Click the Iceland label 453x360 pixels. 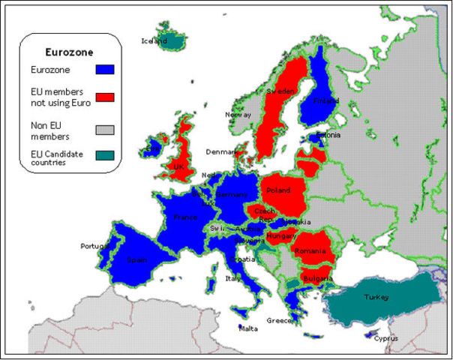coord(154,41)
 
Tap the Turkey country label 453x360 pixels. coord(376,298)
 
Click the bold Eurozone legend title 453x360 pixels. coord(68,52)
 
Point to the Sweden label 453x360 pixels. coord(280,91)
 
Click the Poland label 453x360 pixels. coord(279,190)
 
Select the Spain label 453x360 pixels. coord(136,260)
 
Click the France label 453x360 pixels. coord(185,217)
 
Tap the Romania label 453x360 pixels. coord(308,250)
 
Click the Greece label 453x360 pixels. coord(279,321)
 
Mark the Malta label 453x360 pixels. coord(247,328)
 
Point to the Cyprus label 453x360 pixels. coord(387,338)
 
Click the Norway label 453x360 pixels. coord(238,115)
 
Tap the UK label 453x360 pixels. coord(178,166)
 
